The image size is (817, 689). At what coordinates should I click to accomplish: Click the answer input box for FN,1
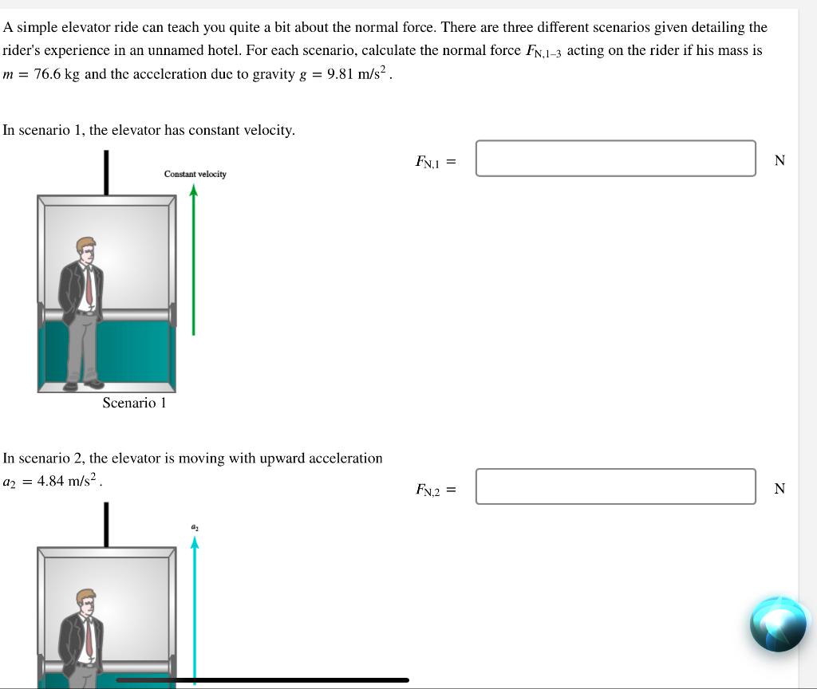pos(615,158)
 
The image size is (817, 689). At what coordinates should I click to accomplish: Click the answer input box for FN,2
pos(615,486)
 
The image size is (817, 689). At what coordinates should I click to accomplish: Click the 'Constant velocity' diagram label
pos(195,174)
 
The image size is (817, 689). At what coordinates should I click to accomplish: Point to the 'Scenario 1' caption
pos(134,403)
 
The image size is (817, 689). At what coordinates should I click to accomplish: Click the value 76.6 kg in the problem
pos(57,74)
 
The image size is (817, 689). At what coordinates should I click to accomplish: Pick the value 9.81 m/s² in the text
pos(358,74)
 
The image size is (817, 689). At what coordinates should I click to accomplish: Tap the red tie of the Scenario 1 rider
pos(89,287)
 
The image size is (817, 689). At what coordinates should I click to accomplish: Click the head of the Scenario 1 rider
pos(85,249)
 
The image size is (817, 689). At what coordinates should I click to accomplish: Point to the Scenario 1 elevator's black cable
pos(105,171)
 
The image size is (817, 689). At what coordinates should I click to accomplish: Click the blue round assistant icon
pos(777,624)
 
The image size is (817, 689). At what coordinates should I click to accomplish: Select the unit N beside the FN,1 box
pos(780,160)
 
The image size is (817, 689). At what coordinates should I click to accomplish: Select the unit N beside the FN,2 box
pos(780,489)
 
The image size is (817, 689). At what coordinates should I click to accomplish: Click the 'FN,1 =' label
pos(435,161)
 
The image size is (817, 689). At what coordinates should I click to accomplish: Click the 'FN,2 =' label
pos(435,489)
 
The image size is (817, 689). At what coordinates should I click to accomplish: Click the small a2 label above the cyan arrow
pos(194,526)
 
